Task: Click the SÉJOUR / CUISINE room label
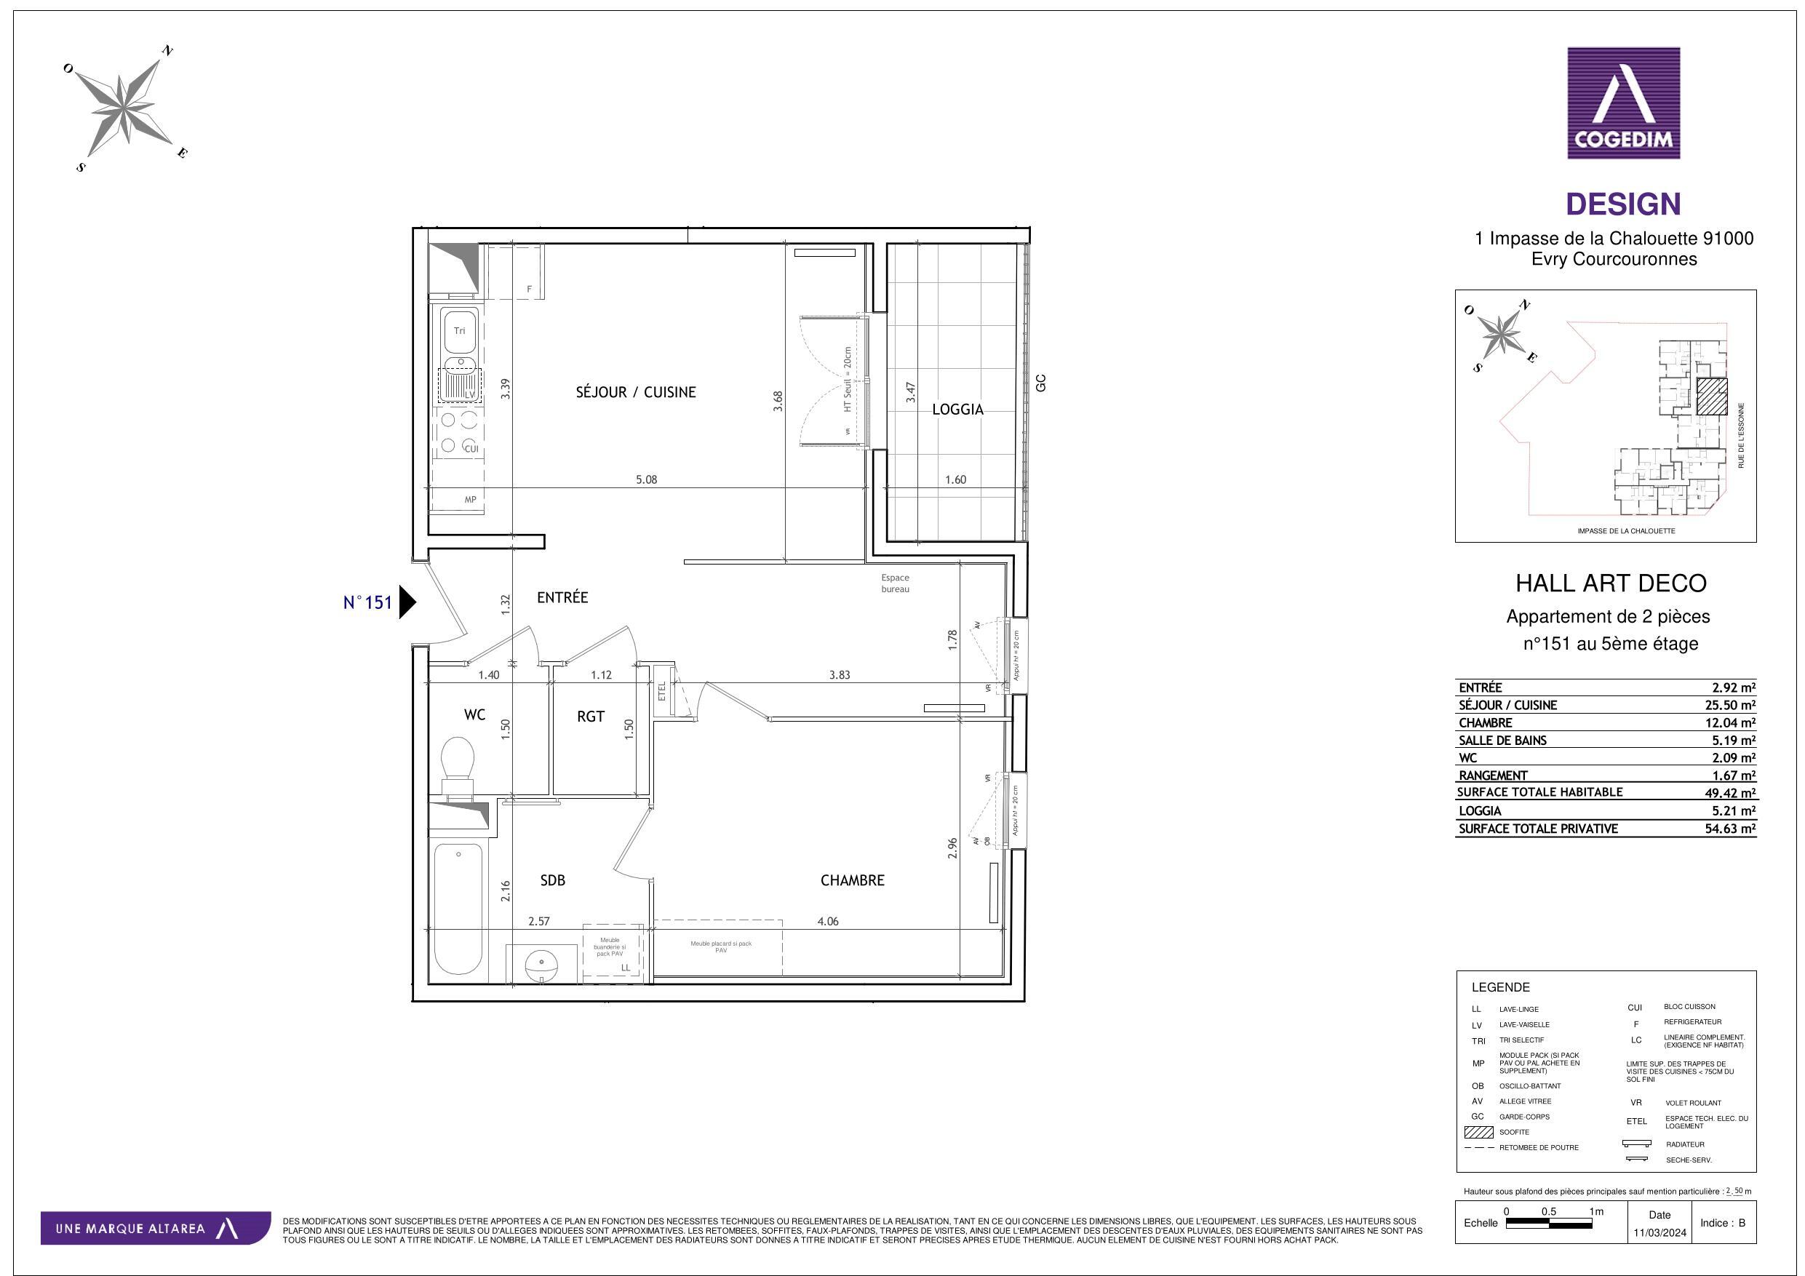635,392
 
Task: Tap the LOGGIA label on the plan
957,410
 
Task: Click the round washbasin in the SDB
541,963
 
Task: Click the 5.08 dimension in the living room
646,479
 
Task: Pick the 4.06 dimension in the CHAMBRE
827,922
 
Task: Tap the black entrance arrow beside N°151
407,602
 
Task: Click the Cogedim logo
1623,103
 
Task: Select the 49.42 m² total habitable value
1729,792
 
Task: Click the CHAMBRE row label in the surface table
1485,722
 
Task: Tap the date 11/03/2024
1659,1233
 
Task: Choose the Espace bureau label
895,583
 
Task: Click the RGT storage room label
591,717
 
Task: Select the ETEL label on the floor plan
662,692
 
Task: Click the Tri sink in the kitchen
459,331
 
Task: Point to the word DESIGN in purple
1622,204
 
